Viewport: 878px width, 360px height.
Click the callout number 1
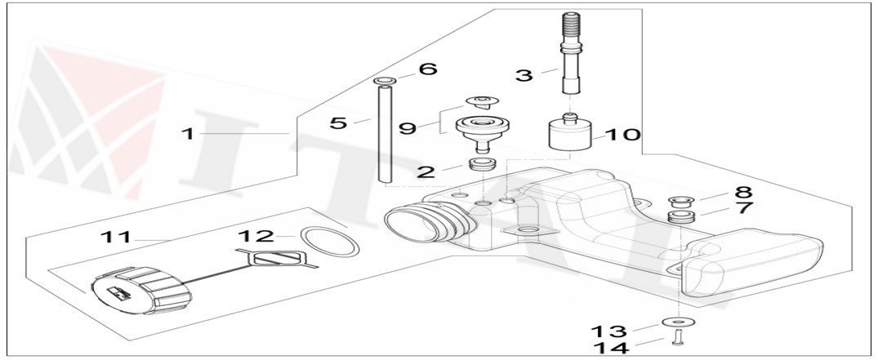click(x=188, y=132)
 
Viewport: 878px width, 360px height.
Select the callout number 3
click(x=524, y=76)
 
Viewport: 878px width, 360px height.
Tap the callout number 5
click(x=338, y=123)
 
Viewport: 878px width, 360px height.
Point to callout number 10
click(x=623, y=134)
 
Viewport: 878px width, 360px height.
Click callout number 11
click(x=116, y=238)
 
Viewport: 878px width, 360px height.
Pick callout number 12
click(x=255, y=237)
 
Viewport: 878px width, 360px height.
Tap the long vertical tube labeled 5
click(x=381, y=135)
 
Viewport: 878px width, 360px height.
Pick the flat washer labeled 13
click(x=676, y=321)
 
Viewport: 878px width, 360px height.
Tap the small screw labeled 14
click(x=677, y=339)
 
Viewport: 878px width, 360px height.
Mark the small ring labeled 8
click(x=679, y=200)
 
